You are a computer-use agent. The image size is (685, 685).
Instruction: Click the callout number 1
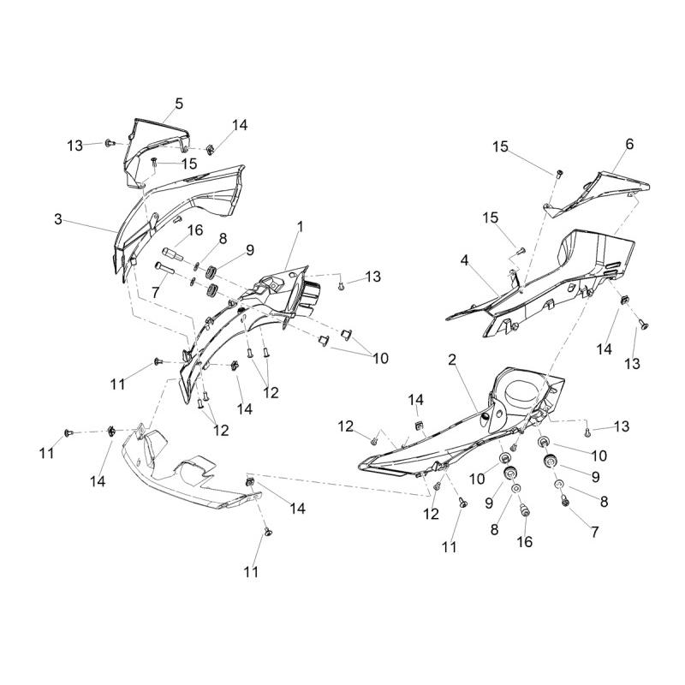[x=301, y=227]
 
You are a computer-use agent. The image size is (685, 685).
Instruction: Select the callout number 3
[x=58, y=219]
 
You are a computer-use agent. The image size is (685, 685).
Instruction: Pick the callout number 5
[x=179, y=104]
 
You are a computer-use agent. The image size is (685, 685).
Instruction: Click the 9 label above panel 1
[x=250, y=250]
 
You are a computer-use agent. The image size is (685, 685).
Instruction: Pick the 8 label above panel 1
[x=223, y=238]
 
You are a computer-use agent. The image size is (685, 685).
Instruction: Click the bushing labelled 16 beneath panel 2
[x=525, y=511]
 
